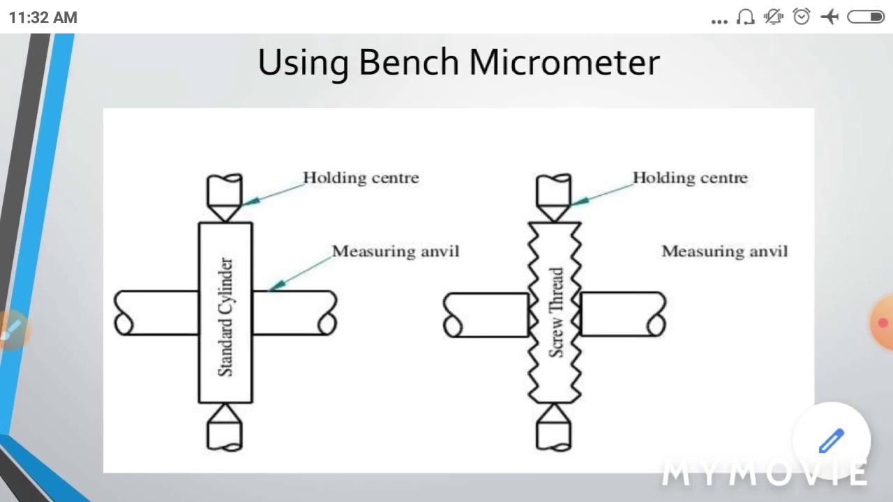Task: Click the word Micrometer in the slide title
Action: tap(564, 63)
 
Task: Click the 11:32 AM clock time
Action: tap(43, 17)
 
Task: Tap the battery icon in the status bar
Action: tap(866, 17)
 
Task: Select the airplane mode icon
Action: tap(830, 17)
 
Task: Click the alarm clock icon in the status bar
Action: tap(802, 17)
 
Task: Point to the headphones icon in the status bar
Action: tap(745, 17)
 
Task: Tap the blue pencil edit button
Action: tap(832, 441)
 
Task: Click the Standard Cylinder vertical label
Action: tap(225, 317)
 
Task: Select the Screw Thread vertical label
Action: tap(556, 312)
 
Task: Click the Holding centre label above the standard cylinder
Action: tap(361, 178)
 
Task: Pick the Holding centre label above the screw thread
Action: tap(690, 178)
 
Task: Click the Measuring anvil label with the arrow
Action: tap(396, 251)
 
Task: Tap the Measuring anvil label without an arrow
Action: tap(725, 251)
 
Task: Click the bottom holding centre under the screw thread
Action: tap(554, 427)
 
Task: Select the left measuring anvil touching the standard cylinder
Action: tap(157, 313)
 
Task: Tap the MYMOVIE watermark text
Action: tap(764, 474)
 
